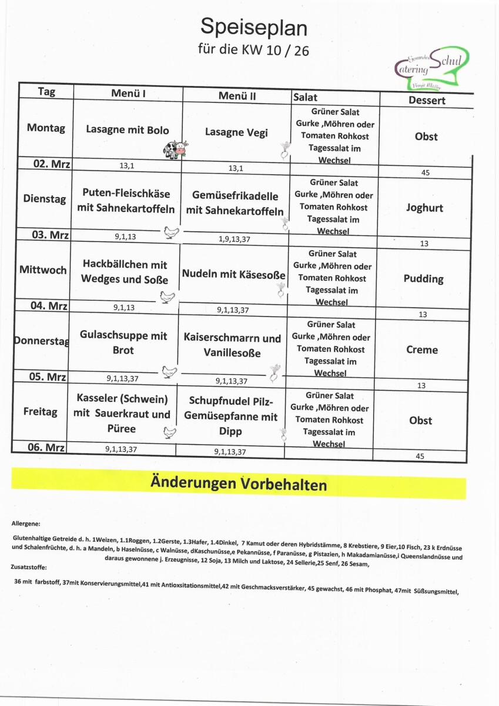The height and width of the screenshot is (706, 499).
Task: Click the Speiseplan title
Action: click(x=253, y=27)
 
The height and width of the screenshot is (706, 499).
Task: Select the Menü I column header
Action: click(x=128, y=93)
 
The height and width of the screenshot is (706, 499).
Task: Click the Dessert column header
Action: click(x=427, y=100)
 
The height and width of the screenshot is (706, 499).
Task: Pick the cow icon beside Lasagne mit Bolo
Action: click(x=176, y=149)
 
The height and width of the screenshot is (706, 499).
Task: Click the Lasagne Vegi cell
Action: click(x=236, y=132)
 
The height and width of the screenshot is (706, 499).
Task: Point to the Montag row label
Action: click(x=46, y=128)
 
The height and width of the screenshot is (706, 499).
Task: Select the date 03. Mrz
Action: click(x=51, y=235)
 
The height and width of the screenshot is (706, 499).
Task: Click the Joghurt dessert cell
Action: click(x=424, y=208)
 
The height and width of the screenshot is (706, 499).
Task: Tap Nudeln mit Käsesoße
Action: click(x=233, y=275)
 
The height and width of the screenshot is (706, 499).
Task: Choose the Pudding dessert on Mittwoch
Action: click(x=423, y=279)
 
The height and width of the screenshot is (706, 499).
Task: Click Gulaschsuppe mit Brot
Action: click(x=123, y=343)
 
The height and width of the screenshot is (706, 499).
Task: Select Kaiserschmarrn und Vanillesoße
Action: click(x=232, y=346)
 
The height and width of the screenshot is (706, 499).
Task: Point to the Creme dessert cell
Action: click(x=422, y=349)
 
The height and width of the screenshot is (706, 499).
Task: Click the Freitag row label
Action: click(x=41, y=412)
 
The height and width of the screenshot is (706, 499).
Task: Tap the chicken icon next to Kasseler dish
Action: click(x=169, y=433)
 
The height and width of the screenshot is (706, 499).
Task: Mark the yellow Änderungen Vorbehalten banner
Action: click(x=239, y=484)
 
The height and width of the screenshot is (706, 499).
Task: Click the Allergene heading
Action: click(x=26, y=523)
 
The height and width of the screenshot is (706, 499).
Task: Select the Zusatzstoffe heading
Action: click(x=29, y=567)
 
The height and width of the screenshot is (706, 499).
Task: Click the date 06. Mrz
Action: click(x=45, y=447)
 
